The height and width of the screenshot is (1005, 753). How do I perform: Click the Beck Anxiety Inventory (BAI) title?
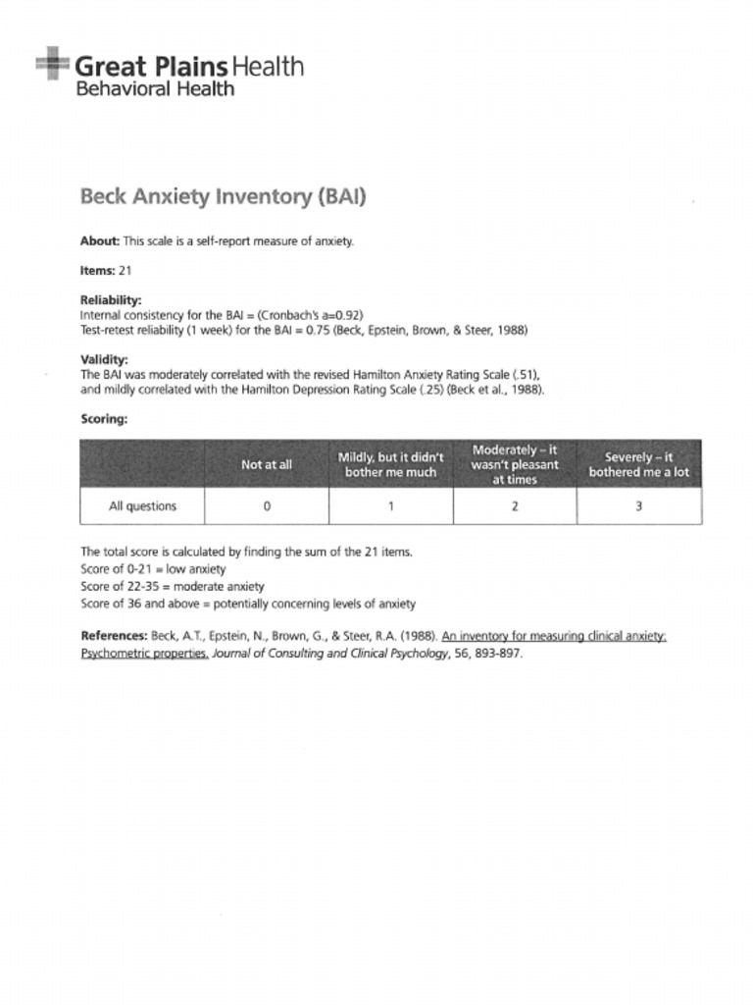tap(223, 196)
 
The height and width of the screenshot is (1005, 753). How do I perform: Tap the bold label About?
tap(99, 241)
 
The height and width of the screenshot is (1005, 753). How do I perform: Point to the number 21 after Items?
tap(125, 270)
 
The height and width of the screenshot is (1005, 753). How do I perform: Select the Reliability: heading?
tap(111, 299)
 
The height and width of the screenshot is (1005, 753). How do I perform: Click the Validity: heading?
tap(104, 360)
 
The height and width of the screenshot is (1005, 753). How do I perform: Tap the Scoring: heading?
tap(104, 418)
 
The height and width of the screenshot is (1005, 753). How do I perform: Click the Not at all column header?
tap(267, 464)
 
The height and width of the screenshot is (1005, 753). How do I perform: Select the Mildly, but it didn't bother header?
tap(390, 464)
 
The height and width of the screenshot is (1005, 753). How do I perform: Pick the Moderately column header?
tap(515, 464)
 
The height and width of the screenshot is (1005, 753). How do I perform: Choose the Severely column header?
tap(638, 464)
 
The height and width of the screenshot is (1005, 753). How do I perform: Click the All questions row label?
tap(142, 506)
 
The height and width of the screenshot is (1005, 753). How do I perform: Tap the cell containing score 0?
tap(267, 506)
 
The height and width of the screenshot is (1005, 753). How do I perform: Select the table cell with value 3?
tap(638, 506)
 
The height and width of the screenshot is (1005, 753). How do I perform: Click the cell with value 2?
tap(515, 506)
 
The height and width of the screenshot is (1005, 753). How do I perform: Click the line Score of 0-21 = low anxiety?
tap(153, 568)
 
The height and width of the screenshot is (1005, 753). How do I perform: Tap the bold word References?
tap(114, 636)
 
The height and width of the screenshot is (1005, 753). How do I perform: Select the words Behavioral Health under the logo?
tap(155, 89)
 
